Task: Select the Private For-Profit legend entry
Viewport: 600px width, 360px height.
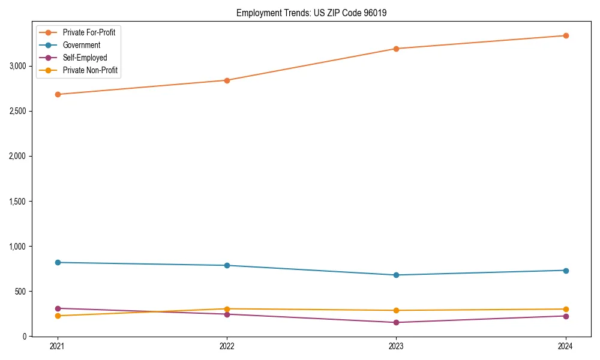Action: (89, 32)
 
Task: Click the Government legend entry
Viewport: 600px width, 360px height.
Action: (81, 45)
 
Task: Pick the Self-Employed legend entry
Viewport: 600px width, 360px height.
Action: (85, 58)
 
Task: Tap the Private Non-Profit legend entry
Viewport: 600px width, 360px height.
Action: (90, 70)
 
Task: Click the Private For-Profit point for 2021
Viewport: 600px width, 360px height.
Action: (58, 94)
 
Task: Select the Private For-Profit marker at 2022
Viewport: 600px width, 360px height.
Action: (227, 80)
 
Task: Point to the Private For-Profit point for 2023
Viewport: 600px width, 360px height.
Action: (396, 49)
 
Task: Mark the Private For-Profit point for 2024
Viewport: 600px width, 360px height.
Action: (565, 35)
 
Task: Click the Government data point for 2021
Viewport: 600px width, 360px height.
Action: (58, 262)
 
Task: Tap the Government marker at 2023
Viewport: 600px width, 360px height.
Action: (396, 275)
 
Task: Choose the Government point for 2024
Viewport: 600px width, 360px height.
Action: (565, 270)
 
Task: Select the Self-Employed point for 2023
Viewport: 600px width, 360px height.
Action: (396, 322)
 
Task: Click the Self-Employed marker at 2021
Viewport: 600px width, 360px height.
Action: (58, 308)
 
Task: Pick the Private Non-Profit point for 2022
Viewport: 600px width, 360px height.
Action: (227, 309)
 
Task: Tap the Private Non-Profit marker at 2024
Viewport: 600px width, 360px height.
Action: (565, 309)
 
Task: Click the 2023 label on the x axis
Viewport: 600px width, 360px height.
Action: (396, 346)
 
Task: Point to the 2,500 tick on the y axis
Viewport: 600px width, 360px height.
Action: (18, 111)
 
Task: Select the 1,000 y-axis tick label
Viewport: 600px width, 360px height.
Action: (18, 247)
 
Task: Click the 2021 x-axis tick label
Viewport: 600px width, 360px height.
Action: (58, 346)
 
